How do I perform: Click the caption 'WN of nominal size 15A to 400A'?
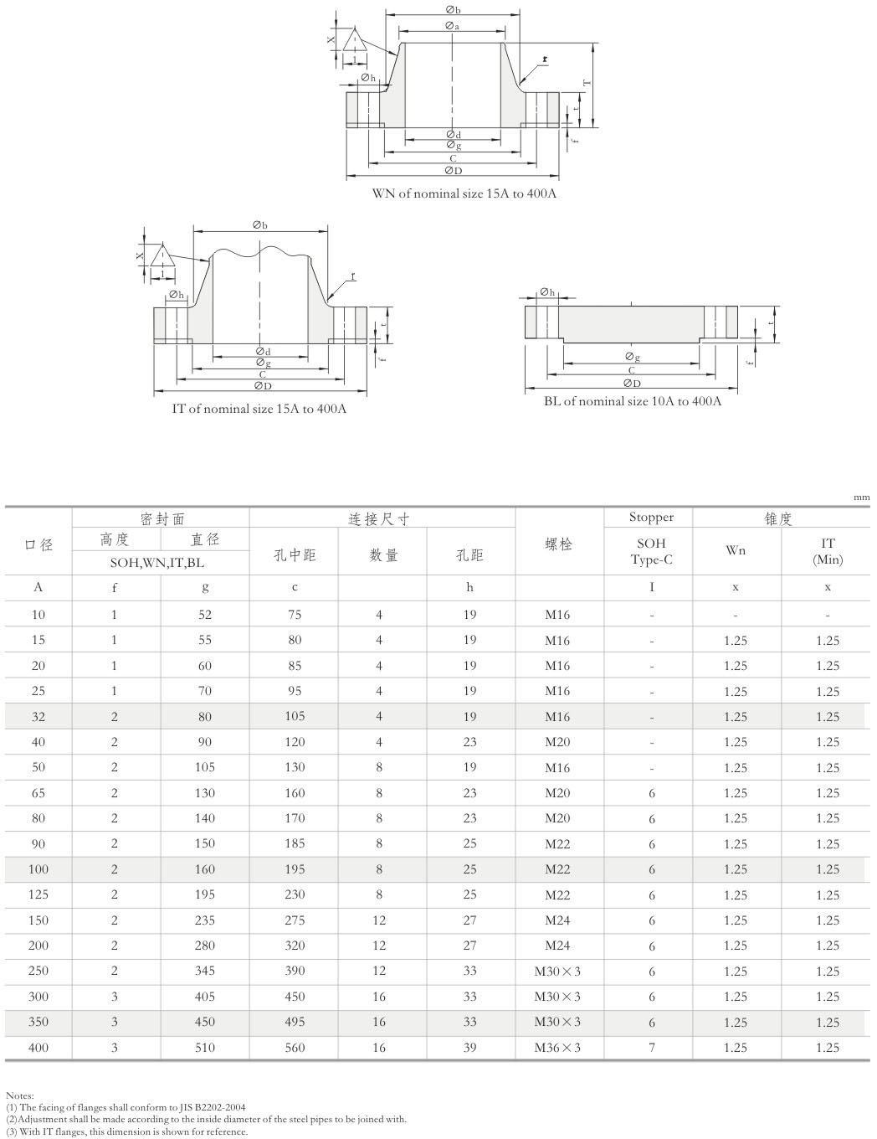pyautogui.click(x=464, y=193)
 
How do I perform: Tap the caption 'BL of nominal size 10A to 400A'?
pyautogui.click(x=633, y=401)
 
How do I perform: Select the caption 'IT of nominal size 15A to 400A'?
pyautogui.click(x=259, y=409)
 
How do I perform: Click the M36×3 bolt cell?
pyautogui.click(x=557, y=1048)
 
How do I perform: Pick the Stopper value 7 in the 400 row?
pyautogui.click(x=652, y=1048)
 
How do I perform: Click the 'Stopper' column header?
pyautogui.click(x=651, y=518)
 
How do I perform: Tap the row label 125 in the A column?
pyautogui.click(x=38, y=894)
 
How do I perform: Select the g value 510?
pyautogui.click(x=205, y=1048)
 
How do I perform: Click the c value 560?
pyautogui.click(x=295, y=1048)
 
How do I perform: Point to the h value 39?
pyautogui.click(x=469, y=1048)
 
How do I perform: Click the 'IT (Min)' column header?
pyautogui.click(x=827, y=551)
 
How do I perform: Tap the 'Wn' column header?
pyautogui.click(x=736, y=550)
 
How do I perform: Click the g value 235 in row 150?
pyautogui.click(x=205, y=920)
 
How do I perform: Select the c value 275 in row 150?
pyautogui.click(x=295, y=920)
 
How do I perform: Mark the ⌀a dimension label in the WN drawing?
pyautogui.click(x=452, y=27)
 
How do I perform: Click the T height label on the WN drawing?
pyautogui.click(x=587, y=83)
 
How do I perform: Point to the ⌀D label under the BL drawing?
pyautogui.click(x=632, y=384)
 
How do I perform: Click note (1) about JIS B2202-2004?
pyautogui.click(x=126, y=1107)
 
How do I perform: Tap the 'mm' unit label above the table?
pyautogui.click(x=861, y=497)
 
